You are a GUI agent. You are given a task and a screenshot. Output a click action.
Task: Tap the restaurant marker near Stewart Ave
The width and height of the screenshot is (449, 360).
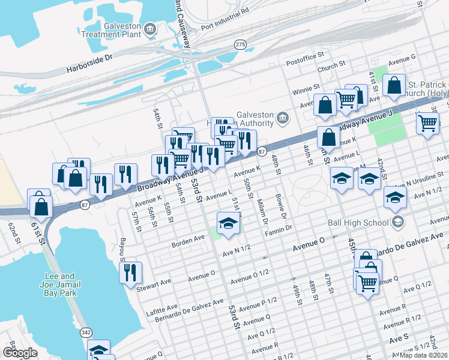click(x=130, y=272)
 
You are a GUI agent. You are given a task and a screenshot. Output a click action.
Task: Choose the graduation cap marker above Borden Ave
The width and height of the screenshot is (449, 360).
click(x=228, y=224)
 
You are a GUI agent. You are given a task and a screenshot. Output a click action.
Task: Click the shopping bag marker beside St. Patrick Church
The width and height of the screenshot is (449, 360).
click(x=395, y=85)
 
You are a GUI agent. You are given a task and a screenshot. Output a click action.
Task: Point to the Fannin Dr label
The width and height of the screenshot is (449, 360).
click(x=280, y=229)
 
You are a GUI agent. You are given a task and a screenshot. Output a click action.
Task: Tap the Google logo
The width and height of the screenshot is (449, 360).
click(x=19, y=353)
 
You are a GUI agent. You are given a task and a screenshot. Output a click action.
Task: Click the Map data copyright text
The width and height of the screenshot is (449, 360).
click(x=423, y=355)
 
